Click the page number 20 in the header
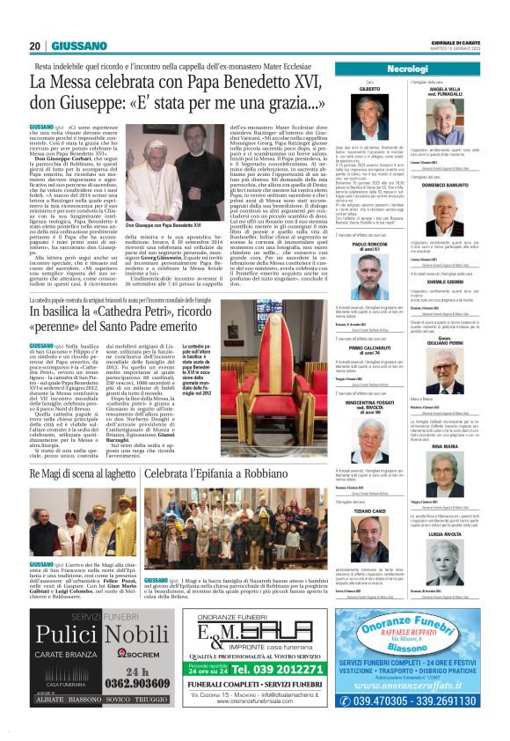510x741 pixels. point(34,46)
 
